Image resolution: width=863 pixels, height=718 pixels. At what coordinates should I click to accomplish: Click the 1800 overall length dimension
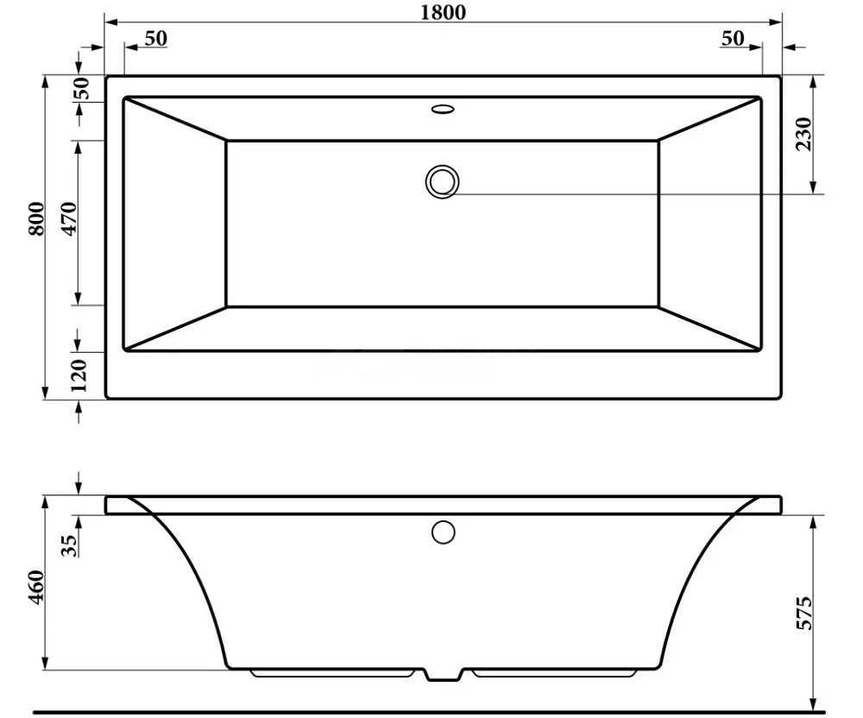443,12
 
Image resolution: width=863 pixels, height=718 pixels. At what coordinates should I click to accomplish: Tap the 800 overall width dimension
36,219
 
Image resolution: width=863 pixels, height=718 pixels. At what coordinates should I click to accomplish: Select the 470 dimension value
69,219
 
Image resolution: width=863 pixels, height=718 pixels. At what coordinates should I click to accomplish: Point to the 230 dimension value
803,134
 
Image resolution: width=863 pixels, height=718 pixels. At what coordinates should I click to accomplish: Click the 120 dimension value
79,375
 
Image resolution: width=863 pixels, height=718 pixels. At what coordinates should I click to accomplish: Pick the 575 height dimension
804,613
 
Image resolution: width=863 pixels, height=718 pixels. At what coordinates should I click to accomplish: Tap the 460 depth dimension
36,588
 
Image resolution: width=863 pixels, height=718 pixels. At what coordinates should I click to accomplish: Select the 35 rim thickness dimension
70,545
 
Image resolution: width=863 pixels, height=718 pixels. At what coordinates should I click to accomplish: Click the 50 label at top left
155,39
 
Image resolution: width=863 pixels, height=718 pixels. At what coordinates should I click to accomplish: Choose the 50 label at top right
733,39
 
